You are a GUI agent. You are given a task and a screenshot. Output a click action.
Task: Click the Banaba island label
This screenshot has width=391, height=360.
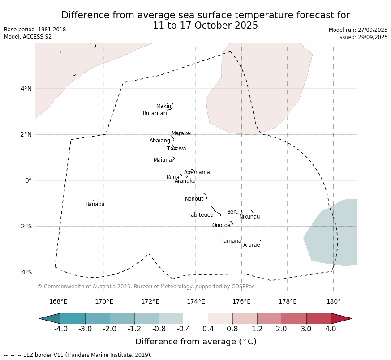click(x=95, y=204)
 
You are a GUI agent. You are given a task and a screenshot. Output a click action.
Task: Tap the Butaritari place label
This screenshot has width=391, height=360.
click(x=155, y=113)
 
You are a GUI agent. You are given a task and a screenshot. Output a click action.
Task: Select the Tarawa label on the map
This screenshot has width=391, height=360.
click(x=176, y=149)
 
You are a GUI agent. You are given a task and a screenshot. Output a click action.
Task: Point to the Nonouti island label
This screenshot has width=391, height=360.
click(x=195, y=199)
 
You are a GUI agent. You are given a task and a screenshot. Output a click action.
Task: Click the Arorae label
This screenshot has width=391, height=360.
click(x=251, y=245)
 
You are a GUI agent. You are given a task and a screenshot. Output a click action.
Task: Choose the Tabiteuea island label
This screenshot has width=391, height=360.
click(x=201, y=215)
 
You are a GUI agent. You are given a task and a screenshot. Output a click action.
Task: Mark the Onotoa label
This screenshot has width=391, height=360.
click(x=221, y=225)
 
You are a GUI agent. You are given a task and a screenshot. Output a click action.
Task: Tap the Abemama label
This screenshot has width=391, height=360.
click(x=197, y=172)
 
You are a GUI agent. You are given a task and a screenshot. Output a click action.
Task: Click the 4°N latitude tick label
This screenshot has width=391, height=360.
click(x=26, y=89)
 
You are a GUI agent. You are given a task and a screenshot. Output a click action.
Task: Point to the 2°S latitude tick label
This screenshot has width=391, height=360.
click(x=26, y=226)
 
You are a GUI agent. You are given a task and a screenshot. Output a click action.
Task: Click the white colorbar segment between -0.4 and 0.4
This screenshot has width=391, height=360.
click(x=196, y=318)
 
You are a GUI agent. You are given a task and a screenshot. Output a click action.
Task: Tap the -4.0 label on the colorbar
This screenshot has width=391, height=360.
click(x=61, y=329)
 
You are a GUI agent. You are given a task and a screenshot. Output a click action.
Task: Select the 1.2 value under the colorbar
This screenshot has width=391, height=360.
click(x=257, y=329)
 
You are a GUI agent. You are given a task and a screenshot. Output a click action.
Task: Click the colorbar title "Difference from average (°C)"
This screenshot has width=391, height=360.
click(x=196, y=342)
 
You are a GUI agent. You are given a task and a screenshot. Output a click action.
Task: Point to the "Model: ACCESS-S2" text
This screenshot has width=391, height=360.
click(x=28, y=37)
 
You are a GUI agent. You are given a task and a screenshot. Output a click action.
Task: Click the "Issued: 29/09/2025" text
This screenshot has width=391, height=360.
click(x=363, y=37)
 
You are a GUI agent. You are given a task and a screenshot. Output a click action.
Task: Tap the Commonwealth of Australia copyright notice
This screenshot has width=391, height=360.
click(x=146, y=287)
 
